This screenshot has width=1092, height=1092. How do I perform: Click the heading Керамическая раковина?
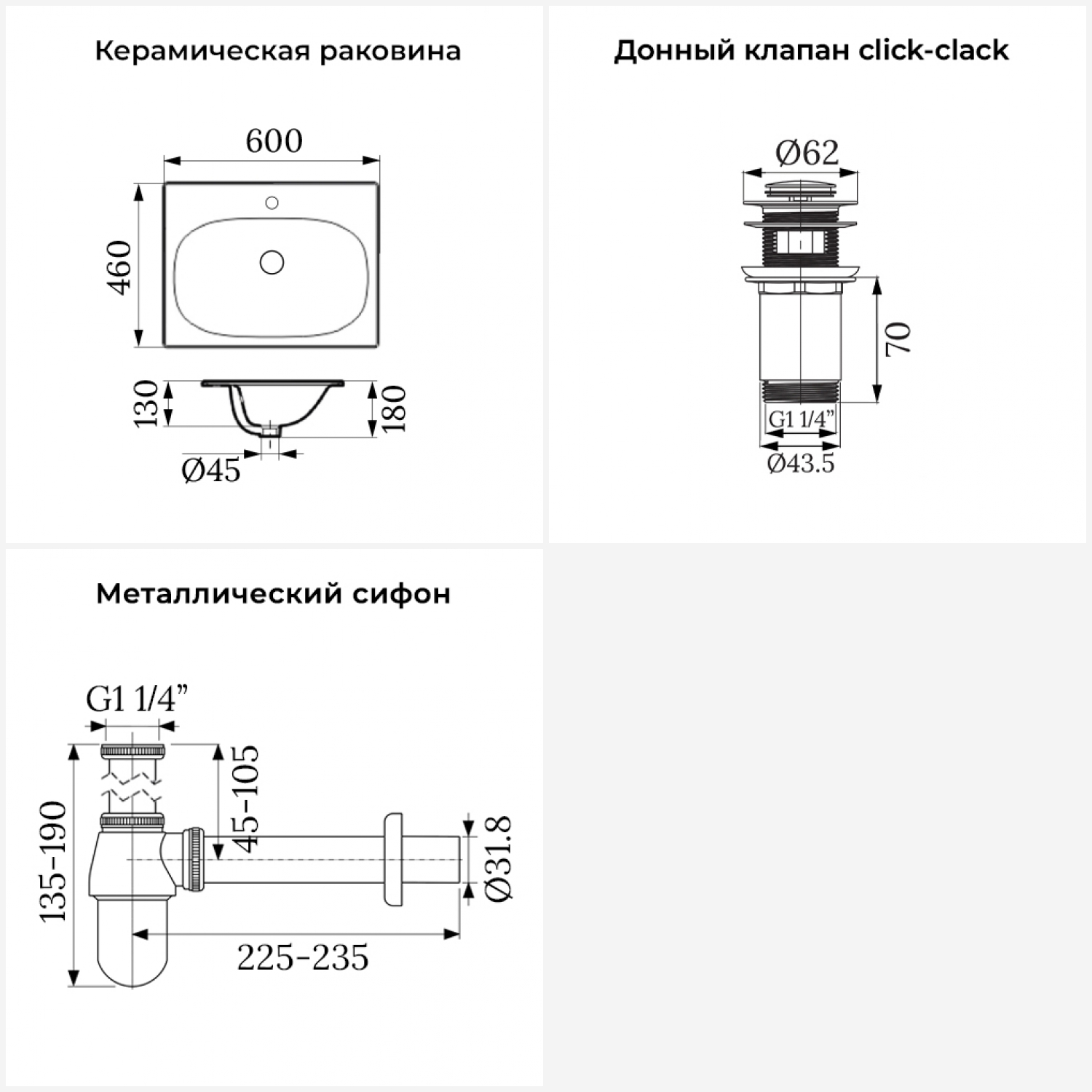[x=277, y=52]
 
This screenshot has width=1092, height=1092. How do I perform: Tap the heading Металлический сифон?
[x=273, y=594]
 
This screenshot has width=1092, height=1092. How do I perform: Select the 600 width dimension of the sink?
[x=274, y=141]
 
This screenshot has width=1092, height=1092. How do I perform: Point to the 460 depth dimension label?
[x=120, y=267]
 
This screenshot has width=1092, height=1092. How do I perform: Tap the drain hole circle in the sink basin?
[x=272, y=262]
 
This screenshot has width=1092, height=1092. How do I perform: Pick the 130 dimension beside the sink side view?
[x=146, y=403]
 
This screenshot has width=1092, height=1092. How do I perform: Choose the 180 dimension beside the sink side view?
[x=394, y=408]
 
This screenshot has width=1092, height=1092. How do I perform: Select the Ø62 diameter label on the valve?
[x=807, y=153]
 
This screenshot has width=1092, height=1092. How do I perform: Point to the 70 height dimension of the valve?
[x=899, y=339]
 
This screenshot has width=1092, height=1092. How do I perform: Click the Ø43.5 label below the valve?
[x=801, y=464]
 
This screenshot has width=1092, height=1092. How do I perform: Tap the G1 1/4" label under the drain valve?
[x=801, y=419]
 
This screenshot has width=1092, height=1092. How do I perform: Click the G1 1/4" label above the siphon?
[x=137, y=700]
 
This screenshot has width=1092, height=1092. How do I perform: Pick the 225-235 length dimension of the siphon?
[x=303, y=958]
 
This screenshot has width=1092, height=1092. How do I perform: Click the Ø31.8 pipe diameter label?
[x=499, y=859]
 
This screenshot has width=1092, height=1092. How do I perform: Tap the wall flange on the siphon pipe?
[x=393, y=860]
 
